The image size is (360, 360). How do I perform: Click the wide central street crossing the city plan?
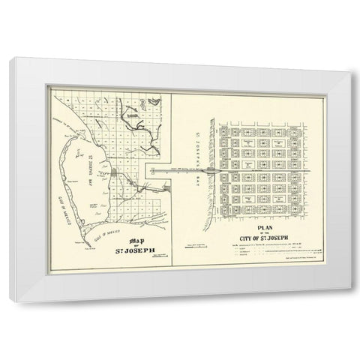coord(262,171)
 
